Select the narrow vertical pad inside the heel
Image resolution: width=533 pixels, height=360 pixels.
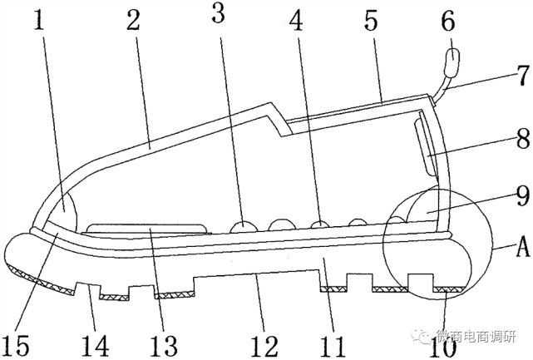tap(424, 146)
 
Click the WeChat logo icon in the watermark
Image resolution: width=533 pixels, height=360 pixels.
tap(427, 336)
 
